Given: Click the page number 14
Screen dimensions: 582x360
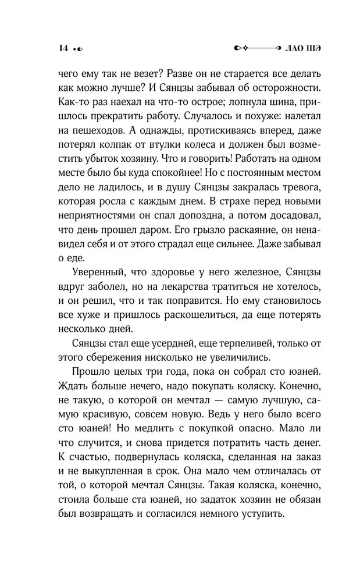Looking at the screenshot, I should point(63,48).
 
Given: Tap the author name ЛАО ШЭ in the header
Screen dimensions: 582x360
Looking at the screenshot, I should point(304,48).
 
